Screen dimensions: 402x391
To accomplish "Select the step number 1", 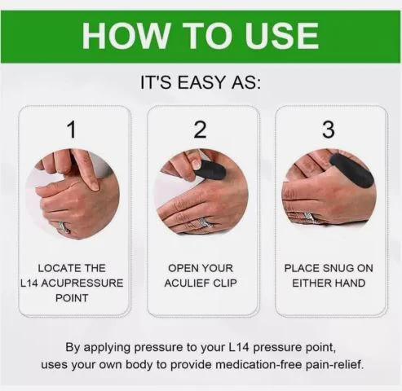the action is pos(72,130).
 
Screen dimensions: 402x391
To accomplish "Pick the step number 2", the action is pos(201,130).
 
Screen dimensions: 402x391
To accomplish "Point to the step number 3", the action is pos(329,130).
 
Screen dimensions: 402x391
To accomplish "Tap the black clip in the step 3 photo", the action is pos(351,170).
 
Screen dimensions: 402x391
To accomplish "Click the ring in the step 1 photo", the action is pos(64,227).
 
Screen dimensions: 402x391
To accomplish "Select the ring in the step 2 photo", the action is pos(201,224).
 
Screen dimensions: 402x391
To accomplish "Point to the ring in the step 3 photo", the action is pos(308,217).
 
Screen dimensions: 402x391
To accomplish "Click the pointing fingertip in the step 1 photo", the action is pos(95,186).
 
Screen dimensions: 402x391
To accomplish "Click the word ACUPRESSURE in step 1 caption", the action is pos(82,283).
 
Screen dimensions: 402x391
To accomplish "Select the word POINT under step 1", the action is pos(72,298).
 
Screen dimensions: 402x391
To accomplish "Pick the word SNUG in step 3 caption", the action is pos(338,268).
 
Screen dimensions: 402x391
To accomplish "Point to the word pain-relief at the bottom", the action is pos(335,365).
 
